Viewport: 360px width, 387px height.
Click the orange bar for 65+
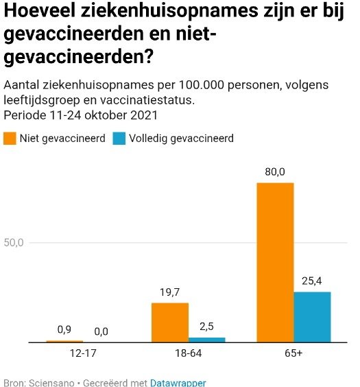tap(275, 262)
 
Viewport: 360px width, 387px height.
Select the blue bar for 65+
tap(312, 317)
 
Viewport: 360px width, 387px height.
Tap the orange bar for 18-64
tap(170, 322)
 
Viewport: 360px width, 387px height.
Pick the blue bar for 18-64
tap(207, 340)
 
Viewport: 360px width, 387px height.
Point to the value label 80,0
tap(275, 172)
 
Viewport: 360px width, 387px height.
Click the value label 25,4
tap(312, 281)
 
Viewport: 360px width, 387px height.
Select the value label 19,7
tap(170, 292)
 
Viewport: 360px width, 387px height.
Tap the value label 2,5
tap(206, 327)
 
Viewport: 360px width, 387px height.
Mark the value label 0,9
tap(64, 329)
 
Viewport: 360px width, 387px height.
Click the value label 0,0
tap(101, 331)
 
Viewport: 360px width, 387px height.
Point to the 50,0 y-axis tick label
tap(14, 243)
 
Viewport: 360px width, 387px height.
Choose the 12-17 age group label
tap(83, 353)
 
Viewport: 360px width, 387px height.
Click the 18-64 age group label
tap(189, 353)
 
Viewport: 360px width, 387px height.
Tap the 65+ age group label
tap(293, 353)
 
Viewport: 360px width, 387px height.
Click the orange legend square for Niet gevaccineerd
tap(10, 138)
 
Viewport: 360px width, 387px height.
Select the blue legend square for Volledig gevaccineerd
tap(119, 138)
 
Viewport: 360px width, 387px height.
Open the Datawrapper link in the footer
tap(178, 383)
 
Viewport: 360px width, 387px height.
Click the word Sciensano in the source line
tap(51, 383)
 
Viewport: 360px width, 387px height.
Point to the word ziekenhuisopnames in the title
tap(169, 12)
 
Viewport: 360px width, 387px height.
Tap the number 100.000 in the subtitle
tap(202, 85)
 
